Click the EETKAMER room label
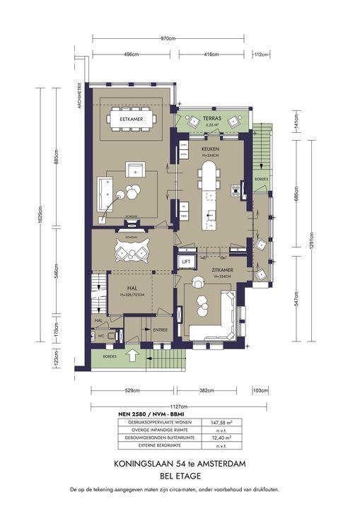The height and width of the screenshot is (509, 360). tap(132, 119)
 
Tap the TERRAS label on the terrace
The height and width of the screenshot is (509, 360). tap(214, 117)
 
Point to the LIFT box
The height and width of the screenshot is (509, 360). tap(187, 262)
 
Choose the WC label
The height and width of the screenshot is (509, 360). tap(102, 335)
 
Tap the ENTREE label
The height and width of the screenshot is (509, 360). tap(160, 329)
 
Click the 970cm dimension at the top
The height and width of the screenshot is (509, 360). tap(168, 38)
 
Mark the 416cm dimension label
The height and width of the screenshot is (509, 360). tap(210, 54)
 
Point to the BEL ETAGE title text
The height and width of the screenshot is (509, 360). tap(180, 476)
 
